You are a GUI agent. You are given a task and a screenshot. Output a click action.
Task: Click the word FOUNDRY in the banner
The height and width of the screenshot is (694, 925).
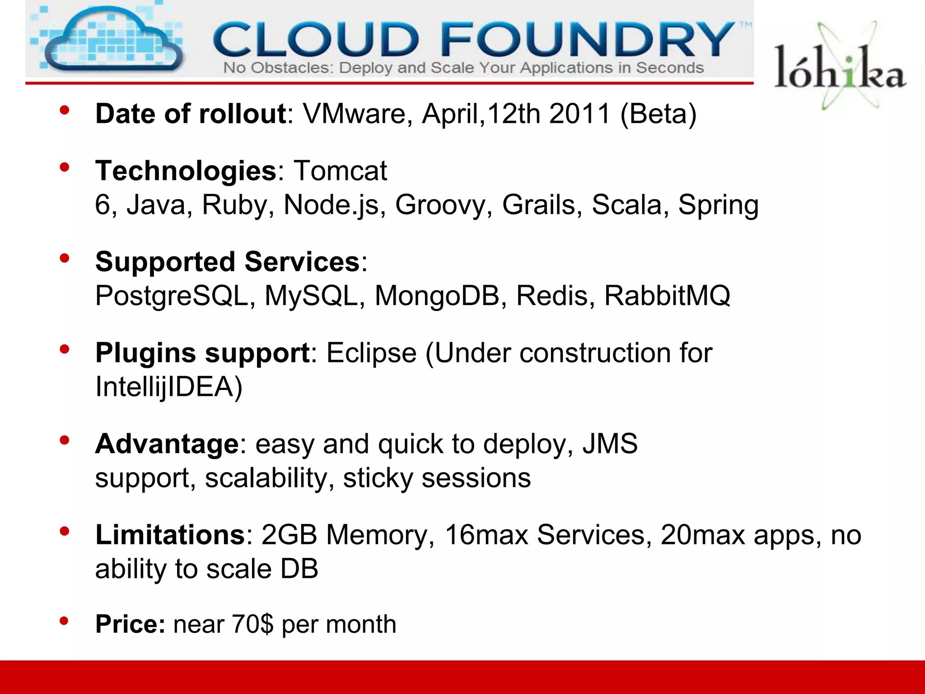pyautogui.click(x=587, y=40)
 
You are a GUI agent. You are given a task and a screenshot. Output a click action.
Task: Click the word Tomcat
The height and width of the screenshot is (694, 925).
pyautogui.click(x=341, y=171)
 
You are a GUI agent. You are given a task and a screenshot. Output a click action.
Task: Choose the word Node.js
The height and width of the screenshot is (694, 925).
pyautogui.click(x=335, y=205)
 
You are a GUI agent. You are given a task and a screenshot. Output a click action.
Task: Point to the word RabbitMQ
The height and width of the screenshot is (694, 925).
pyautogui.click(x=667, y=296)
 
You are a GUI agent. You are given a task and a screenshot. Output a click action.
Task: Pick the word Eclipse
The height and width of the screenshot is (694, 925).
pyautogui.click(x=371, y=353)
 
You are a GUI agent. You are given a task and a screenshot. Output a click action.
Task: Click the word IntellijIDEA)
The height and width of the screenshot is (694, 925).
pyautogui.click(x=169, y=387)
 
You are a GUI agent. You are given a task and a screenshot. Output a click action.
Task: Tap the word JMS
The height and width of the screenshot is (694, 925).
pyautogui.click(x=610, y=444)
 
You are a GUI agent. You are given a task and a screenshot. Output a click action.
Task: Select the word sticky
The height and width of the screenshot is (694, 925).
pyautogui.click(x=378, y=478)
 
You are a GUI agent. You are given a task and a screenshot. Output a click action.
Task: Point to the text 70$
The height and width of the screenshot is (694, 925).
pyautogui.click(x=252, y=624)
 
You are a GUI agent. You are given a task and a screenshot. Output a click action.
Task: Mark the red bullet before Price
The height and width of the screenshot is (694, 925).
pyautogui.click(x=64, y=621)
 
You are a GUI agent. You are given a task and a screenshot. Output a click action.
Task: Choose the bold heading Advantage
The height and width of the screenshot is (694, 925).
pyautogui.click(x=167, y=444)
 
